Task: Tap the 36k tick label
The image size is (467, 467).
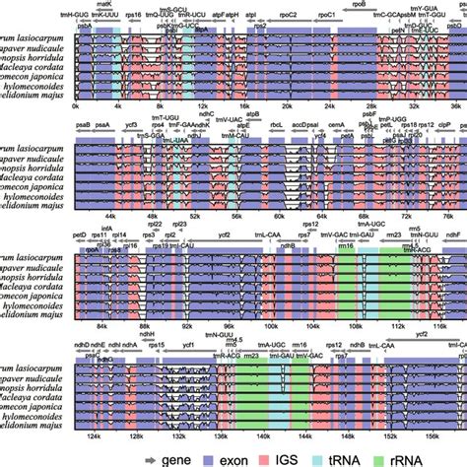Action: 456,104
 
